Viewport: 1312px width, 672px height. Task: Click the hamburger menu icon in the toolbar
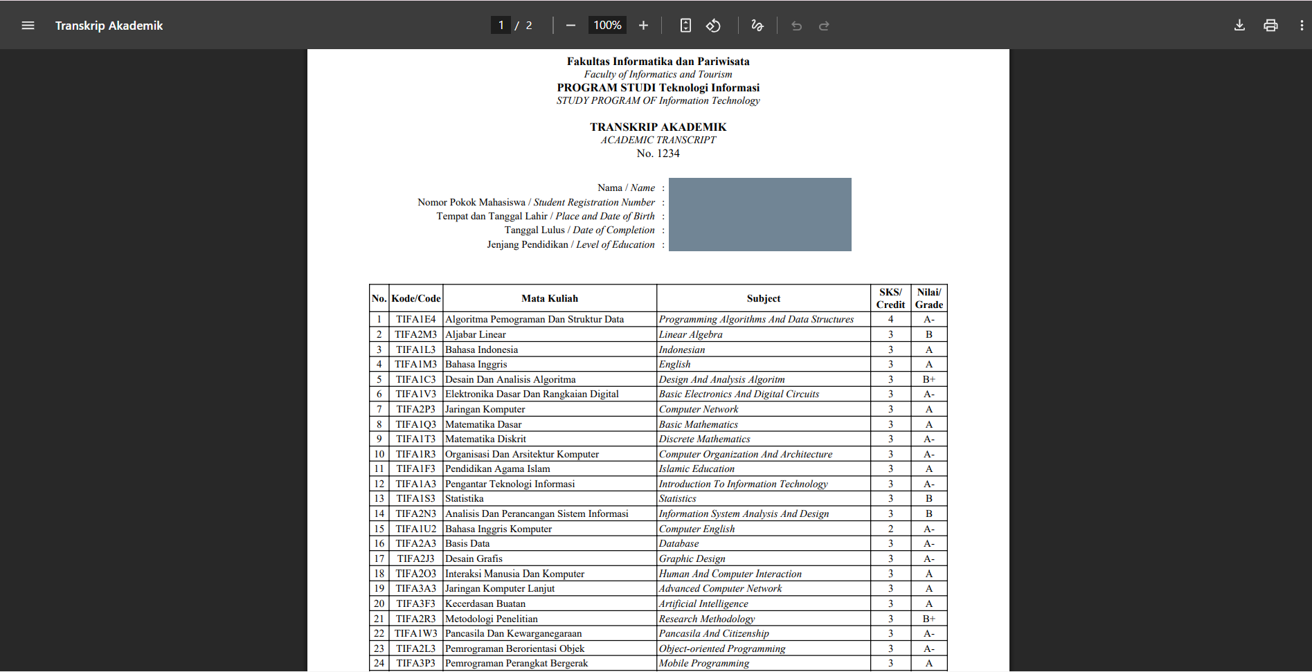pyautogui.click(x=28, y=26)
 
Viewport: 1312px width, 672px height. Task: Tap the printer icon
pyautogui.click(x=1270, y=26)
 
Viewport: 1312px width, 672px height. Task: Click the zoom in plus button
pyautogui.click(x=643, y=26)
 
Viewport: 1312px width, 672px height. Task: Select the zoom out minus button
pyautogui.click(x=570, y=26)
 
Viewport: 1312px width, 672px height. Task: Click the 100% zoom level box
pyautogui.click(x=607, y=26)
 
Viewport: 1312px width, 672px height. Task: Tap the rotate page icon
pyautogui.click(x=713, y=26)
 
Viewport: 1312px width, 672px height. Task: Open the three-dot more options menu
pyautogui.click(x=1302, y=26)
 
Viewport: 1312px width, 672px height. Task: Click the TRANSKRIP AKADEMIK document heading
pyautogui.click(x=658, y=127)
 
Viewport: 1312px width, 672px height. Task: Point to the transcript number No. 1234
pyautogui.click(x=658, y=154)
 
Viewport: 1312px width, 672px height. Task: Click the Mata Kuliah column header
pyautogui.click(x=549, y=298)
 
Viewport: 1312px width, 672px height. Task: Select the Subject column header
pyautogui.click(x=763, y=298)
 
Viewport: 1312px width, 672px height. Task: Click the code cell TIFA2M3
pyautogui.click(x=415, y=334)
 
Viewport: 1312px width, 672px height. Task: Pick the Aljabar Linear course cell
pyautogui.click(x=476, y=334)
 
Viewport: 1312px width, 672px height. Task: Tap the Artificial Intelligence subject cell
pyautogui.click(x=703, y=603)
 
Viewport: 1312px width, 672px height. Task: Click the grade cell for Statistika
pyautogui.click(x=928, y=498)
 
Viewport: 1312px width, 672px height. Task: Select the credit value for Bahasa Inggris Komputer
pyautogui.click(x=890, y=529)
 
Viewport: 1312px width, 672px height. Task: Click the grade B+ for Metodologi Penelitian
pyautogui.click(x=928, y=619)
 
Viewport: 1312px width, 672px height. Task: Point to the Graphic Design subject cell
pyautogui.click(x=692, y=559)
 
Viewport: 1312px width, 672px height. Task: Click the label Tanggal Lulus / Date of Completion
pyautogui.click(x=579, y=230)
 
